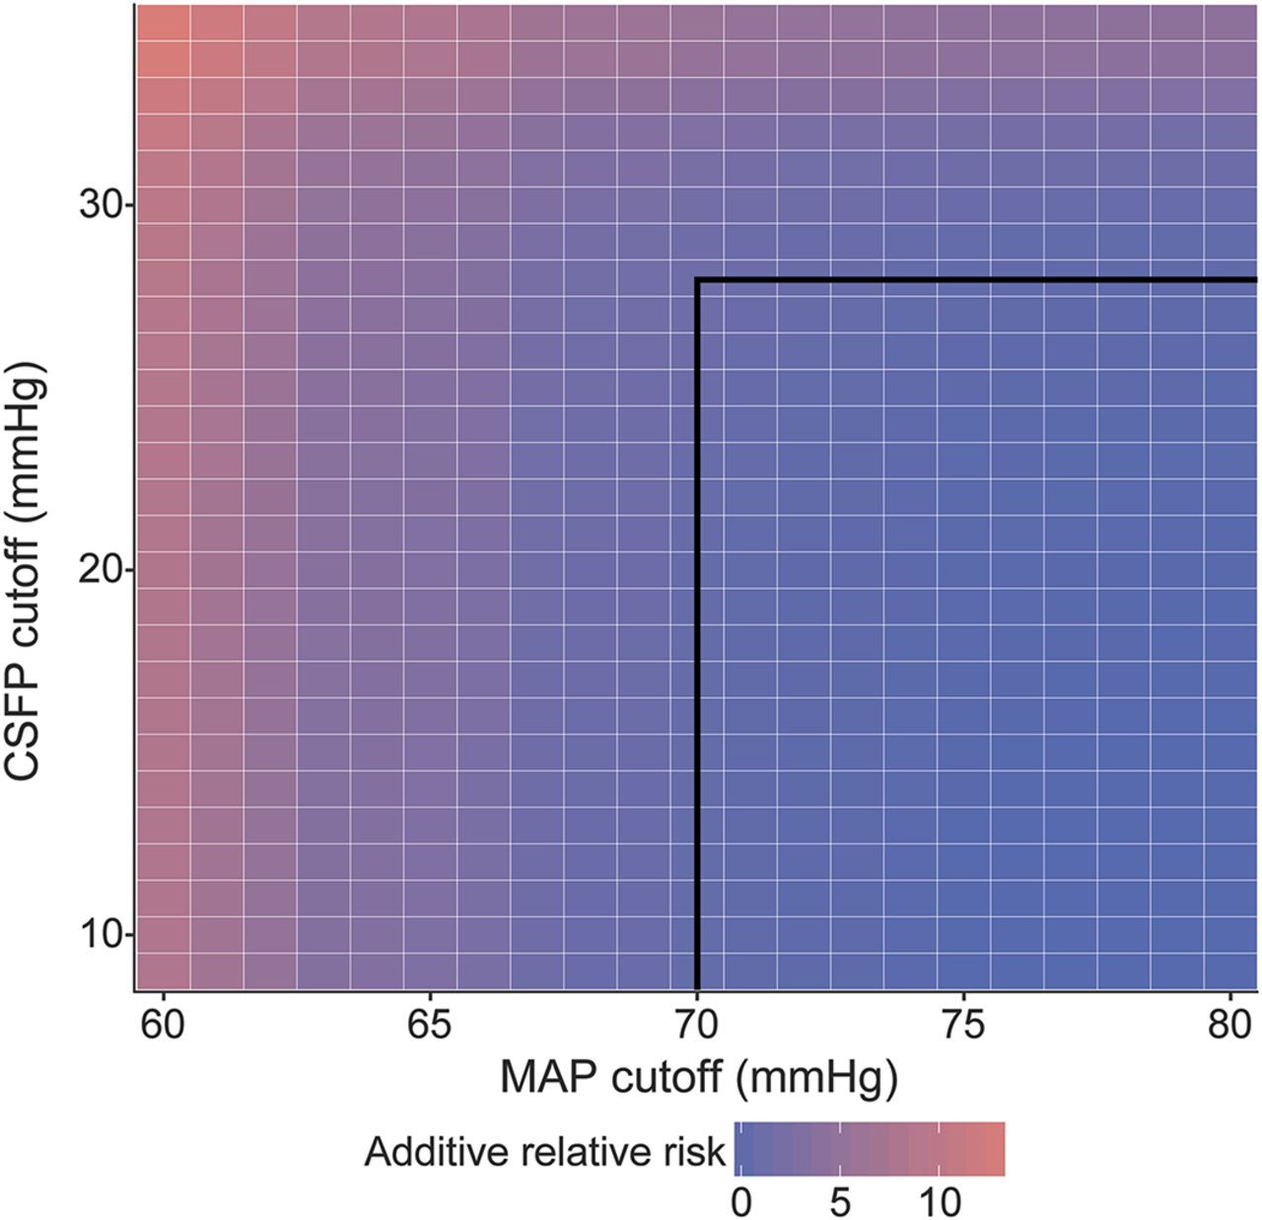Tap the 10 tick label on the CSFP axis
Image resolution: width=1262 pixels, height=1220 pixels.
(x=101, y=934)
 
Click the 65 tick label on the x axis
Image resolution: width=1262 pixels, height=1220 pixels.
(x=430, y=1027)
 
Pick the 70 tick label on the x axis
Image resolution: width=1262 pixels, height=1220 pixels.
(x=697, y=1027)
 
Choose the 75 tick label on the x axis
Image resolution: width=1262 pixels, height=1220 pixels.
(x=963, y=1027)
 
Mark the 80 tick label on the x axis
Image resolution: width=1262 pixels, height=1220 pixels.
(x=1229, y=1027)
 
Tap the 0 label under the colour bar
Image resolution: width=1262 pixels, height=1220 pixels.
(x=741, y=1202)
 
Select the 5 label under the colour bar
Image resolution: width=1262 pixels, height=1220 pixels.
(x=839, y=1202)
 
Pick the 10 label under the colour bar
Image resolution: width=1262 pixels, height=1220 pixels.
(x=940, y=1202)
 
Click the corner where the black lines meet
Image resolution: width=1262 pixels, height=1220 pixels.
(x=698, y=281)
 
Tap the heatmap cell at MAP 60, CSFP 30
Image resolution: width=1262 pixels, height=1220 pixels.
(x=164, y=205)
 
